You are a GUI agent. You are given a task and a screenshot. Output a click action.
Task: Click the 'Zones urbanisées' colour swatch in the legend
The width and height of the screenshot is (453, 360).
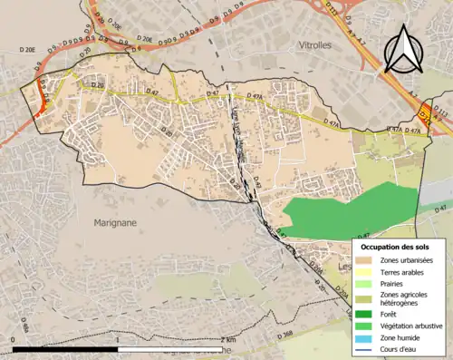coord(369,260)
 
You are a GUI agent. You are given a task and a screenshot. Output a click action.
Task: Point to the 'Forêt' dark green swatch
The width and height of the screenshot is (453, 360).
coord(369,314)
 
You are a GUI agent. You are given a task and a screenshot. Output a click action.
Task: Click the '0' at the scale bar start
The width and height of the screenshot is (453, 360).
coord(14,340)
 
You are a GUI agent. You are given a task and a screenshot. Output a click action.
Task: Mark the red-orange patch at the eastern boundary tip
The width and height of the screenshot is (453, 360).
coord(424,115)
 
